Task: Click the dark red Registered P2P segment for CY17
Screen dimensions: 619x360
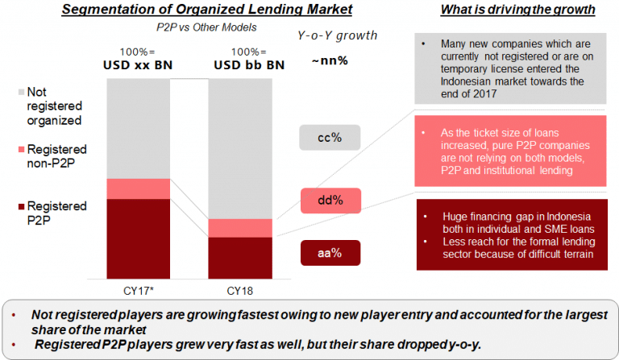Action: click(138, 238)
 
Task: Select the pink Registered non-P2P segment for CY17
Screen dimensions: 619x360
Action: click(138, 189)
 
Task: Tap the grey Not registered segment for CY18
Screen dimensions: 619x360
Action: click(240, 149)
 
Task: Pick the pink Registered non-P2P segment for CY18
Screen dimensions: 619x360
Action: click(240, 228)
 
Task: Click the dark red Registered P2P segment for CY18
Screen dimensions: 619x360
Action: click(240, 258)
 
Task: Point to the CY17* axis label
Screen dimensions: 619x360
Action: click(138, 291)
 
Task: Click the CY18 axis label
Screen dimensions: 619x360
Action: click(239, 291)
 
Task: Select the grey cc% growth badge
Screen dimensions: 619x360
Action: click(330, 138)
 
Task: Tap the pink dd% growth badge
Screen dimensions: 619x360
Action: click(330, 201)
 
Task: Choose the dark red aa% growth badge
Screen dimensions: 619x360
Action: click(330, 253)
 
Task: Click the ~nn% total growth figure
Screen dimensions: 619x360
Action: click(330, 60)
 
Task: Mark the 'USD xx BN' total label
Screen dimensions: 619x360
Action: click(138, 64)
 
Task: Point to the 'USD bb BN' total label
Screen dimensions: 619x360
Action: click(249, 64)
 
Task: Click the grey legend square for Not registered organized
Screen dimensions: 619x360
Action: click(21, 93)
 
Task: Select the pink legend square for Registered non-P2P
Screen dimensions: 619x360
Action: click(21, 150)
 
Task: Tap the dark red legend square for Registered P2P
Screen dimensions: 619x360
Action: click(21, 206)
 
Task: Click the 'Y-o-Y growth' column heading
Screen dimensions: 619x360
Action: click(337, 35)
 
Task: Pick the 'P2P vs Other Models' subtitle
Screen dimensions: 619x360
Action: click(206, 27)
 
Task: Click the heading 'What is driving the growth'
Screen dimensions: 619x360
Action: click(518, 10)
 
